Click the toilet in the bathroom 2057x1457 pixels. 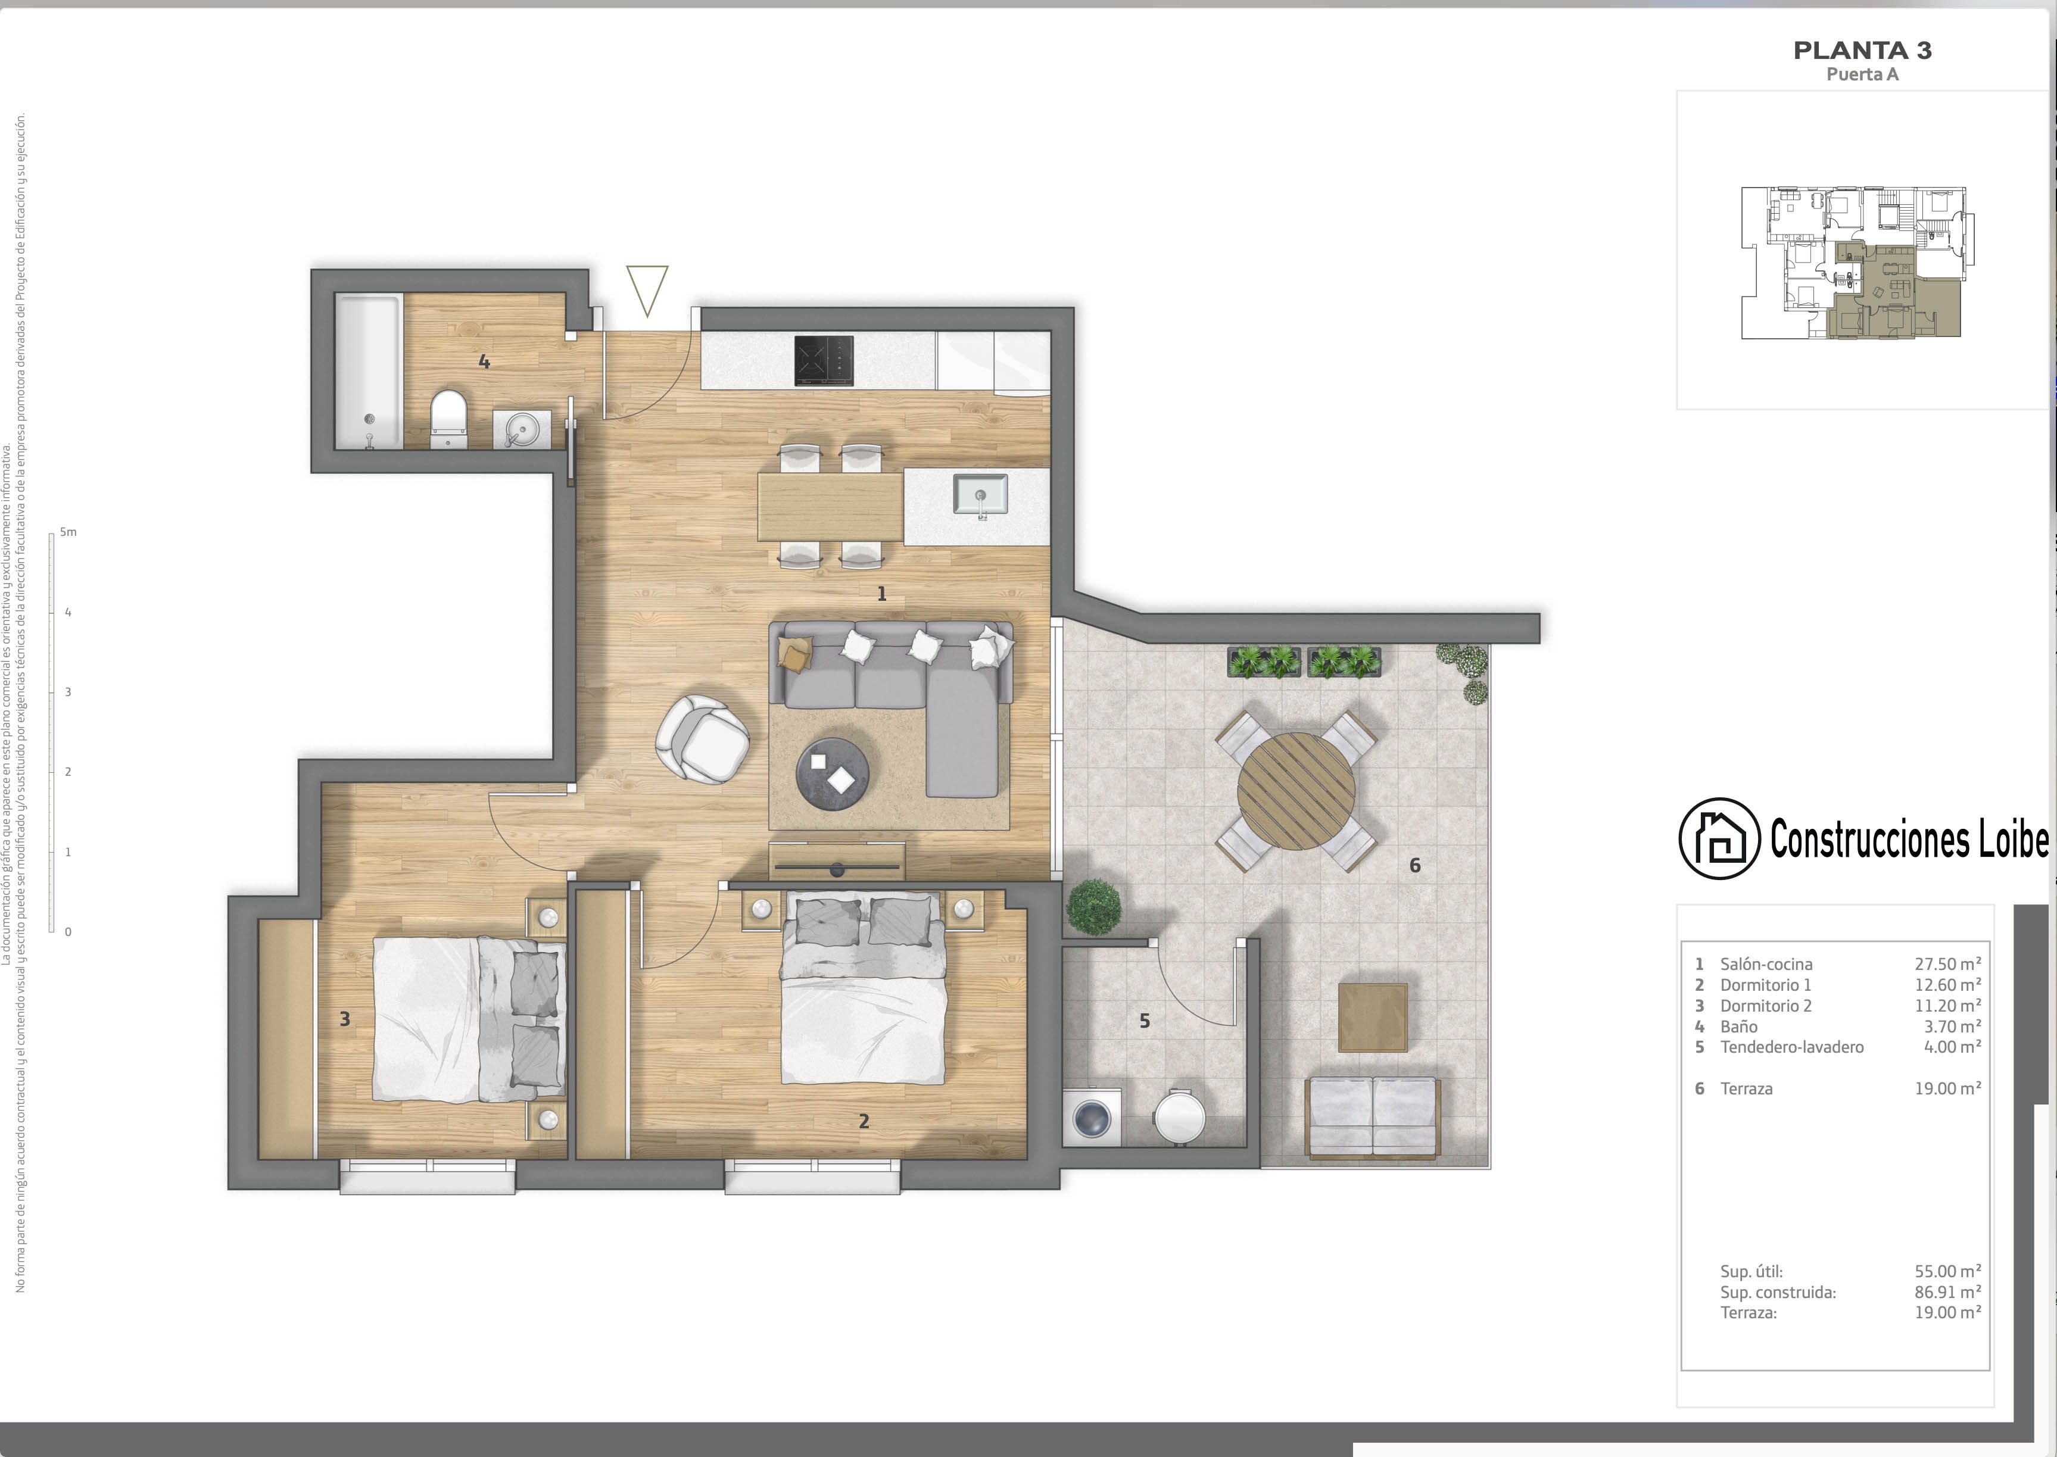coord(448,418)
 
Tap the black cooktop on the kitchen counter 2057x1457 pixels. coord(824,361)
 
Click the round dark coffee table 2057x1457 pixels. coord(833,774)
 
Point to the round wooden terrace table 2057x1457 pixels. coord(1296,790)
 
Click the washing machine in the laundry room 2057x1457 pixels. coord(1092,1118)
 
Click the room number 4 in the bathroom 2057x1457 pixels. coord(484,361)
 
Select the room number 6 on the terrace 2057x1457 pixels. coord(1414,865)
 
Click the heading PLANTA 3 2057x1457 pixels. coord(1862,50)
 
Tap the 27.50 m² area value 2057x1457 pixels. coord(1947,963)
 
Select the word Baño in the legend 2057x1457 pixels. coord(1738,1027)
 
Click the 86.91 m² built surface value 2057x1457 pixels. coord(1947,1292)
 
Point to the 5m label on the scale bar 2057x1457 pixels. coord(68,532)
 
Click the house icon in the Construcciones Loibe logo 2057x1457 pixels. coord(1719,838)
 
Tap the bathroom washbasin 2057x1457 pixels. coord(522,430)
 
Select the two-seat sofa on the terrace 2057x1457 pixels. coord(1373,1117)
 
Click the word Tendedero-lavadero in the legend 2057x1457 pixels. coord(1791,1047)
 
